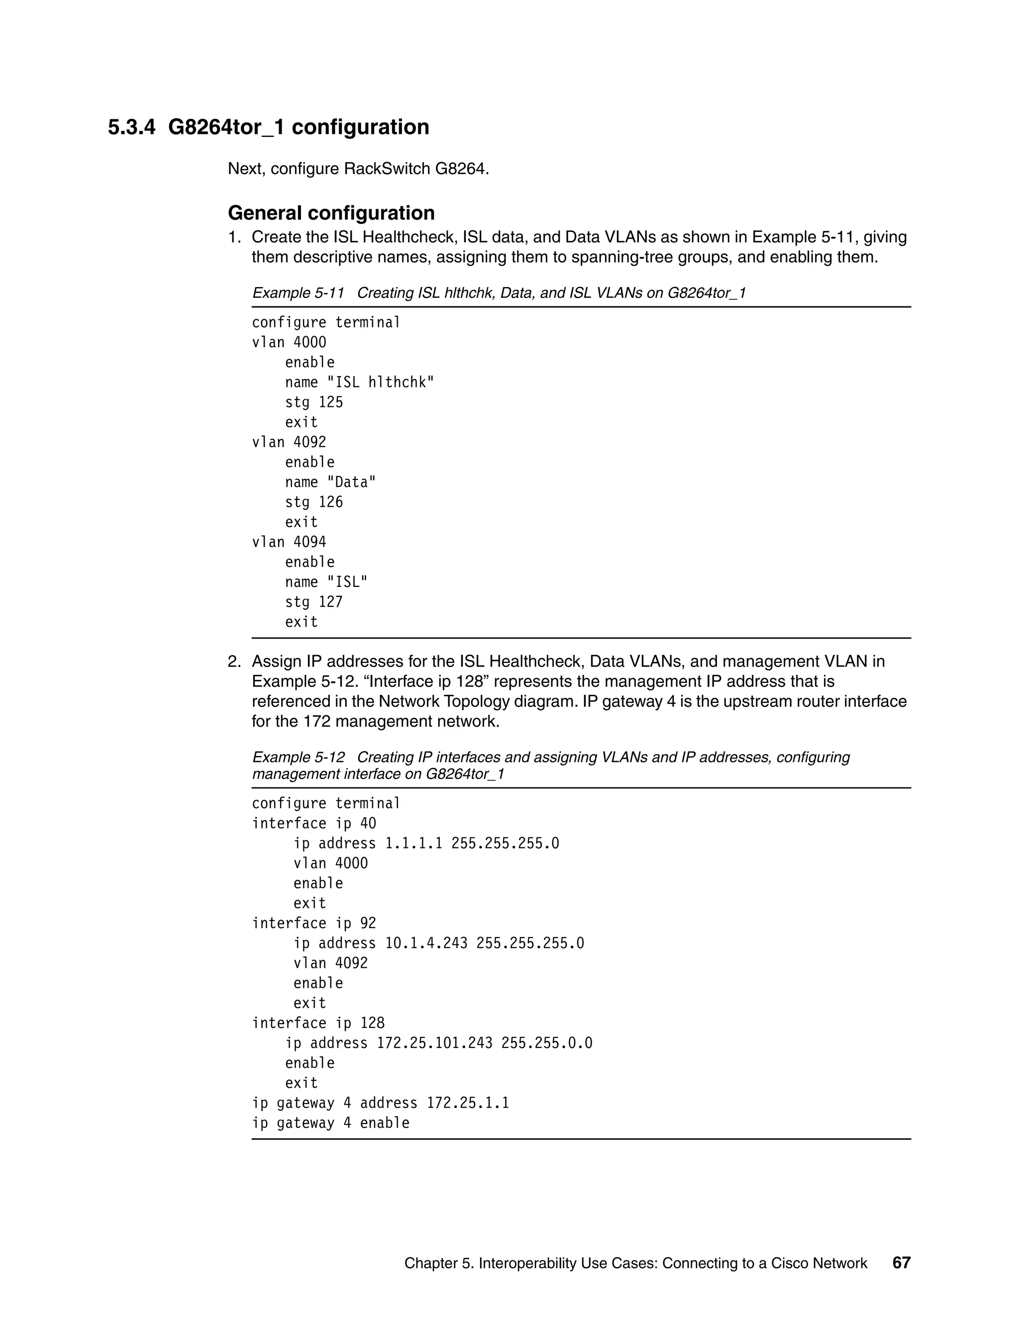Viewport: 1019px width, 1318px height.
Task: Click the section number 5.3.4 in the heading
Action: (131, 127)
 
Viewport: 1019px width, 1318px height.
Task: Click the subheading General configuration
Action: (331, 213)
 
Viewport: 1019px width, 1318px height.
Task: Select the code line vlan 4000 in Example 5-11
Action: (289, 343)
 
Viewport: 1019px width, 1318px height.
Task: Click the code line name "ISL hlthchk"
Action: (359, 382)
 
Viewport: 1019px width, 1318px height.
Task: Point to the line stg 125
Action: (314, 402)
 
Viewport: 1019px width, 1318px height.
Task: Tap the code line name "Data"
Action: (330, 482)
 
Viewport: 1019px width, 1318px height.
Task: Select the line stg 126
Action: (314, 502)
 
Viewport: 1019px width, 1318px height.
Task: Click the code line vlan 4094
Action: (289, 542)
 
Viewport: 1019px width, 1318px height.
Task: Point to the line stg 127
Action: (314, 602)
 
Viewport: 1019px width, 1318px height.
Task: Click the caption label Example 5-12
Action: (298, 757)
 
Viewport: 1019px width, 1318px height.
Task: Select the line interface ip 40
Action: (314, 824)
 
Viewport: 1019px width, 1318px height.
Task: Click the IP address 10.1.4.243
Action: (426, 943)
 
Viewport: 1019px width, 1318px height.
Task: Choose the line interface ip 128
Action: (318, 1023)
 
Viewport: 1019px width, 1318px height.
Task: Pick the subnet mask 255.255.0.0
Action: (546, 1043)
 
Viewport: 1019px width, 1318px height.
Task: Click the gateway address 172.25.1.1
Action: (468, 1103)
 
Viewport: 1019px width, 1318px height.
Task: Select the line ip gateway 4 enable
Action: (330, 1123)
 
